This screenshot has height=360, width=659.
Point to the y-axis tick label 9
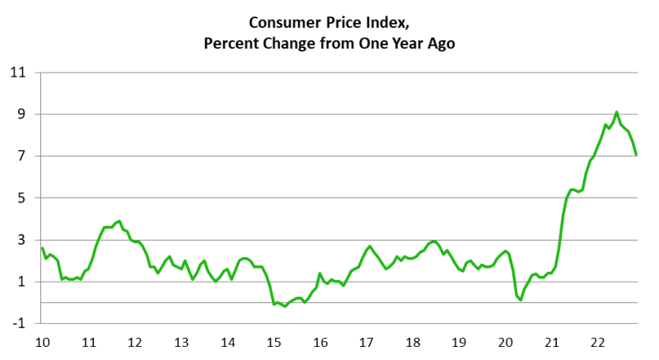23,115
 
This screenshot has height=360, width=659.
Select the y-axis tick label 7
23,157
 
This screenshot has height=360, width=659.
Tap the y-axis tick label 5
23,199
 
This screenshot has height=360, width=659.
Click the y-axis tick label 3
23,241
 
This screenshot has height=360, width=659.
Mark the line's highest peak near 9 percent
616,112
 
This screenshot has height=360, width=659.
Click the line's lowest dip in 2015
285,306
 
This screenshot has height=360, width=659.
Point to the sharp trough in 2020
521,300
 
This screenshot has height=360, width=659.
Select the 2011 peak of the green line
119,221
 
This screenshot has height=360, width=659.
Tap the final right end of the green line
636,155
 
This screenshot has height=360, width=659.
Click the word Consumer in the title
278,24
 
